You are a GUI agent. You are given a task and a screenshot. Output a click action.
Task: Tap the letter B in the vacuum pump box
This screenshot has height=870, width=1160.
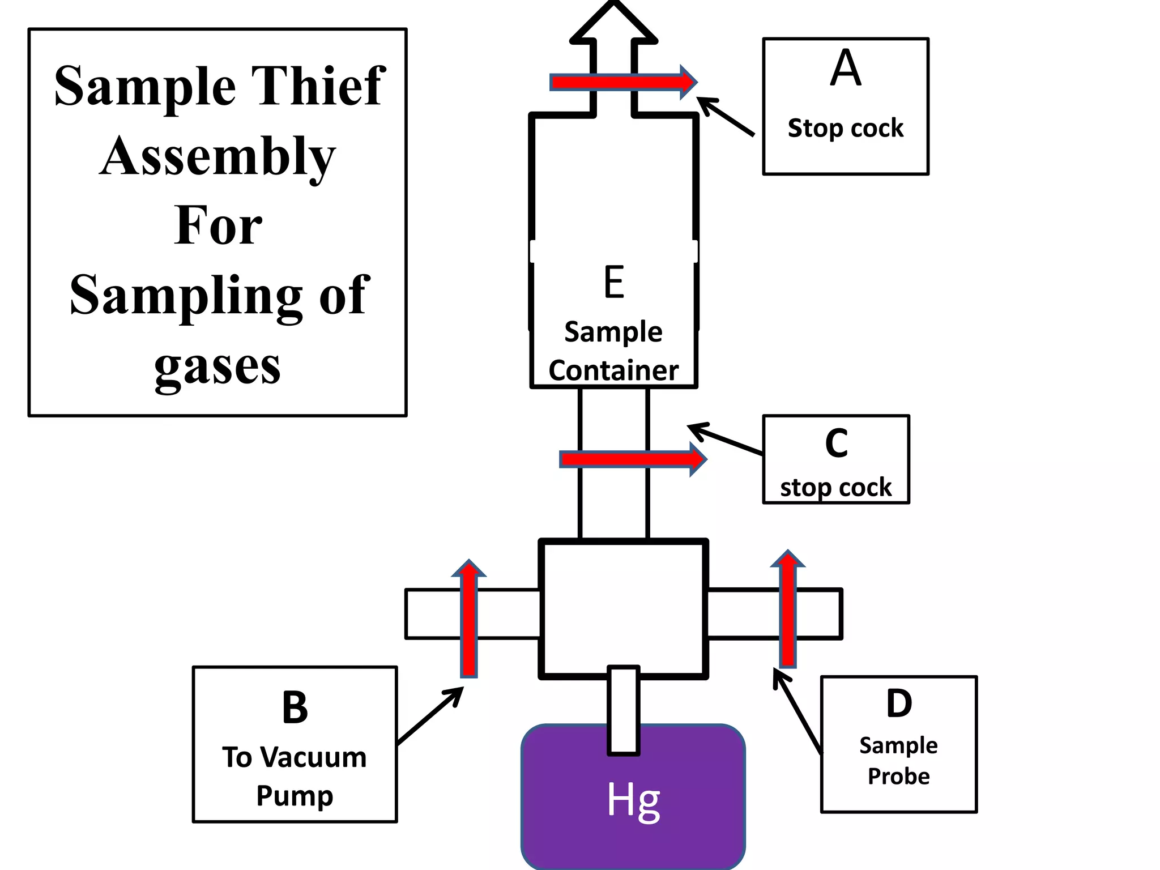pyautogui.click(x=295, y=707)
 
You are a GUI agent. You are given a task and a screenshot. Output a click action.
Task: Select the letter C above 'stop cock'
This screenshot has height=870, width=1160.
pyautogui.click(x=836, y=443)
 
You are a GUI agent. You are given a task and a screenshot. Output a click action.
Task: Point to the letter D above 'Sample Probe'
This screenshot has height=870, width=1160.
pyautogui.click(x=899, y=703)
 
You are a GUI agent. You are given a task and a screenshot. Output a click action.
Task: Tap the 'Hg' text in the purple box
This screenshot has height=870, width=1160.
pyautogui.click(x=633, y=800)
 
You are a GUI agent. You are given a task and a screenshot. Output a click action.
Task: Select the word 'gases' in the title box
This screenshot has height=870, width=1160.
pyautogui.click(x=217, y=366)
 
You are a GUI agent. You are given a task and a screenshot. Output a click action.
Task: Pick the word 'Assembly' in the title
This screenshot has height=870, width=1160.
pyautogui.click(x=217, y=156)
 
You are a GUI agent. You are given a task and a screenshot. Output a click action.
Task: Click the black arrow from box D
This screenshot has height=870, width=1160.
pyautogui.click(x=797, y=711)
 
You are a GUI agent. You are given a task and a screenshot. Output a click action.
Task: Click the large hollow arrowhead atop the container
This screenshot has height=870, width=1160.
pyautogui.click(x=613, y=23)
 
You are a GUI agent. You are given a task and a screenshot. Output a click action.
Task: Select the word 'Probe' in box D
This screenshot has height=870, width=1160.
pyautogui.click(x=899, y=776)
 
